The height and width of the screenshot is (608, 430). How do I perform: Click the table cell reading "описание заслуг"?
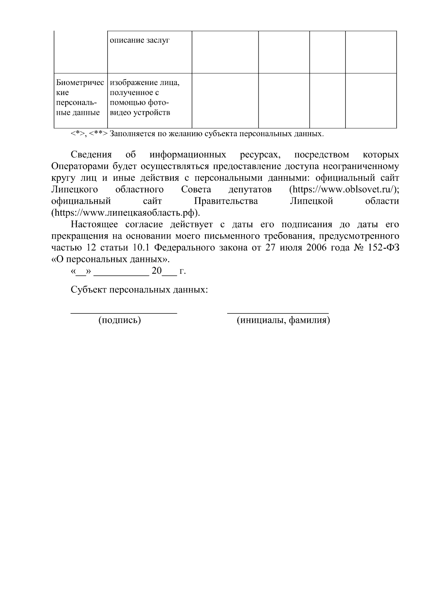click(140, 40)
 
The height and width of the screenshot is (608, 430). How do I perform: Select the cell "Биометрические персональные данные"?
click(80, 98)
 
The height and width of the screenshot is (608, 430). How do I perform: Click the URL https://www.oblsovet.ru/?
click(343, 190)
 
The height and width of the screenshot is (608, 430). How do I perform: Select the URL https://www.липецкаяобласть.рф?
click(125, 213)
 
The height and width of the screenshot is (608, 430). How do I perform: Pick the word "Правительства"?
click(226, 201)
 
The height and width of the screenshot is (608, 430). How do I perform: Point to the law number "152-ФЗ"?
click(383, 248)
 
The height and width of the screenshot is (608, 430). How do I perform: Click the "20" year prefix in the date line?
click(157, 271)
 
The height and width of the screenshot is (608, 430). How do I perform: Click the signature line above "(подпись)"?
click(124, 313)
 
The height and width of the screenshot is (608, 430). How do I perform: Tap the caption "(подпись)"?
click(120, 320)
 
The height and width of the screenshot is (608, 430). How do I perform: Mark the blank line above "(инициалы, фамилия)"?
click(278, 313)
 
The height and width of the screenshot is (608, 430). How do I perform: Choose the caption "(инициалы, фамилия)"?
click(283, 320)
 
